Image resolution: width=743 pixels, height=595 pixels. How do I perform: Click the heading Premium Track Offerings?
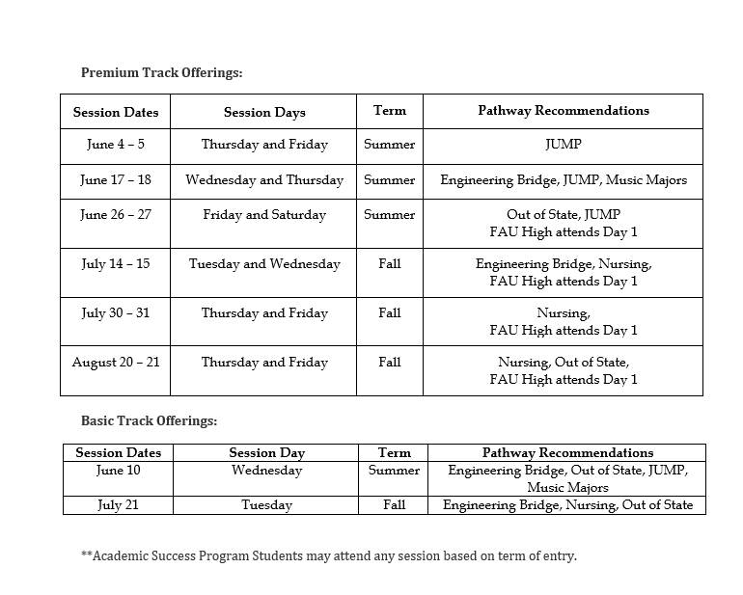[161, 72]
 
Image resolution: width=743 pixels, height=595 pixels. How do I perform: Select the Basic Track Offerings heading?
[149, 420]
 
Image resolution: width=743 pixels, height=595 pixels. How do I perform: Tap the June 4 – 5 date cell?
[115, 145]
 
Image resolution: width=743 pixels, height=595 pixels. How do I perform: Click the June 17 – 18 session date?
[115, 180]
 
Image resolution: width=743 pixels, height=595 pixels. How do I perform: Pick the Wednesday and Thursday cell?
[263, 180]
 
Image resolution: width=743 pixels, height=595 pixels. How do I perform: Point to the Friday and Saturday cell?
[263, 215]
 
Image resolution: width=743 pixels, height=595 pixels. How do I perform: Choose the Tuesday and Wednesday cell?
[263, 264]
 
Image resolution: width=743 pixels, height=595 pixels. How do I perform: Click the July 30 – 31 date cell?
[115, 313]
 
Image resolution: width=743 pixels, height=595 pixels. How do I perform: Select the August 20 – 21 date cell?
[115, 363]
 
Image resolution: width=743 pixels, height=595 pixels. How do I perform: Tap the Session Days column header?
[263, 112]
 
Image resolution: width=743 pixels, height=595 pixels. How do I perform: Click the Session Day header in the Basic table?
[266, 452]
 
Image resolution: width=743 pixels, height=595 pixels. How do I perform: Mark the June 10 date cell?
[118, 471]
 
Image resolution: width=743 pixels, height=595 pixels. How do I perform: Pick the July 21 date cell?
[118, 505]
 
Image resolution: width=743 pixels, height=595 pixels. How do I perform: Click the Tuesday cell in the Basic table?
[266, 505]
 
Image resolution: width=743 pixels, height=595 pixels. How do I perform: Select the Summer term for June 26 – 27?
[389, 215]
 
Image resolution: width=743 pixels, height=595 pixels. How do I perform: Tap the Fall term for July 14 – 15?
[389, 264]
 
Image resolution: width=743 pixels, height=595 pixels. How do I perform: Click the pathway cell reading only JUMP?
[563, 145]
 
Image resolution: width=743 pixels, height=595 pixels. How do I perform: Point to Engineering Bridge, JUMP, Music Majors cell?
[563, 180]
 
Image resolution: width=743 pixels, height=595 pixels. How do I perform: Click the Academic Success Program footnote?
[329, 556]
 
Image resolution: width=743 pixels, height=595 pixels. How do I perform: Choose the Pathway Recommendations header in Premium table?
[563, 111]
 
